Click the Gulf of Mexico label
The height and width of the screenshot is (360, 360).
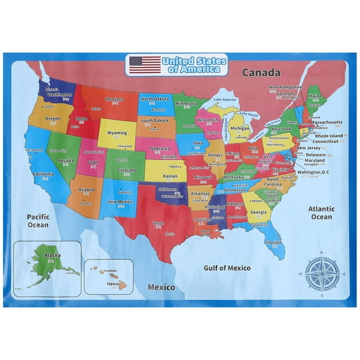point(227,267)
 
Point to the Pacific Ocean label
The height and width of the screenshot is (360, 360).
point(37,221)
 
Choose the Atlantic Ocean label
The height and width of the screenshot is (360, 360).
point(321,213)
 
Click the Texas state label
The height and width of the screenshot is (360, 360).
point(158,223)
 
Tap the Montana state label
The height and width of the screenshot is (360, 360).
point(114,99)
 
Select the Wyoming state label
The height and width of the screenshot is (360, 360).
point(117,132)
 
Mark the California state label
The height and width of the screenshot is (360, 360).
point(43,174)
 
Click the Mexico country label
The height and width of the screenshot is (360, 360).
point(161,287)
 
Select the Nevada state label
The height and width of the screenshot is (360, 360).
point(66,160)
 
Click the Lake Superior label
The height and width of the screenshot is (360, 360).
point(224,99)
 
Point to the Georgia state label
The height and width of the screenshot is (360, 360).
point(257,212)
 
